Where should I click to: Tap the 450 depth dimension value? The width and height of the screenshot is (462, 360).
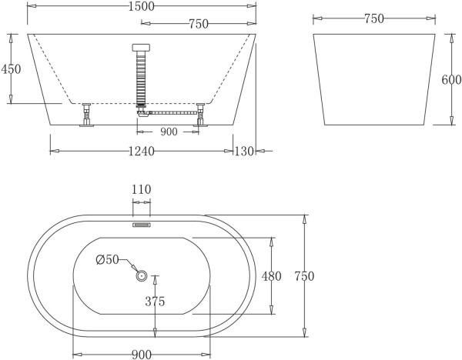(10, 68)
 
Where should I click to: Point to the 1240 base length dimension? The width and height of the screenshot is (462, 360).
(141, 152)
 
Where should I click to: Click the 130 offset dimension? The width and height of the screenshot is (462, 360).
(244, 152)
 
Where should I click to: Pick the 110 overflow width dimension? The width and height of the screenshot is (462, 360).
(142, 189)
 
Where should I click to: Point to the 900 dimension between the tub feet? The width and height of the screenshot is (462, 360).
(169, 132)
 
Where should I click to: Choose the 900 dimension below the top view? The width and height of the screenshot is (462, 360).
(141, 354)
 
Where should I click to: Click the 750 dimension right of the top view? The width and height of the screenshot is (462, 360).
(306, 275)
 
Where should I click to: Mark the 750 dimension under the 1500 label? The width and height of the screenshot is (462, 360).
(199, 24)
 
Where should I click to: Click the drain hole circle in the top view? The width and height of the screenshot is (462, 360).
(141, 275)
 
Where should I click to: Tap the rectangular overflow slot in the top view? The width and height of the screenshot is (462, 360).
(141, 225)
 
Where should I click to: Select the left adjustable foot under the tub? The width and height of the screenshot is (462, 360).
(86, 115)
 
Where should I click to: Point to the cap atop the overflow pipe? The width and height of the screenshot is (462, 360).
(141, 47)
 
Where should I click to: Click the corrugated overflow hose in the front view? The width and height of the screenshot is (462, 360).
(141, 77)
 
